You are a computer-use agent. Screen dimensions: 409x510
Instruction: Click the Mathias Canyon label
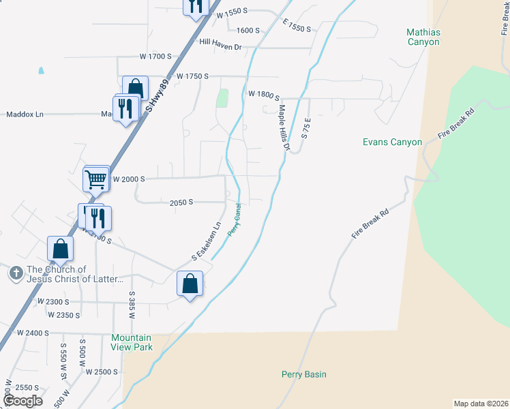click(x=423, y=37)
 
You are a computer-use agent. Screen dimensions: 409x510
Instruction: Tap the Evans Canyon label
click(x=392, y=142)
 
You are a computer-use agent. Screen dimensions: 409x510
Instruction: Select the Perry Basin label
click(x=304, y=374)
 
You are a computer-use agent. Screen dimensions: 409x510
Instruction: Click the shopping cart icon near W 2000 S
click(x=96, y=179)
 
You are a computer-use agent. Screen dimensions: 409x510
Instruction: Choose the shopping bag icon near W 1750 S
click(x=136, y=89)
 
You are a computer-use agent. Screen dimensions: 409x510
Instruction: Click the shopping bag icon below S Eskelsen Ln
click(x=190, y=283)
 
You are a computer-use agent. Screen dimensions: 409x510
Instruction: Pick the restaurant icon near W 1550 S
click(x=196, y=6)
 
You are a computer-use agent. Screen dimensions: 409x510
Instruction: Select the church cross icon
click(x=16, y=273)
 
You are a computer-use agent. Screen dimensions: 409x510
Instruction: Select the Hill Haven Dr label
click(x=221, y=42)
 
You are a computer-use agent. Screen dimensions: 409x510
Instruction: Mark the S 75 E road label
click(x=307, y=129)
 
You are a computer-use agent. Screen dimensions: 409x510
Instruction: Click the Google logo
click(x=22, y=400)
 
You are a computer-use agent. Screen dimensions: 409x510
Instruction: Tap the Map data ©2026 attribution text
click(x=481, y=404)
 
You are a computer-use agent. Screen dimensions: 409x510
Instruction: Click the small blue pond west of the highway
click(x=41, y=70)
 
